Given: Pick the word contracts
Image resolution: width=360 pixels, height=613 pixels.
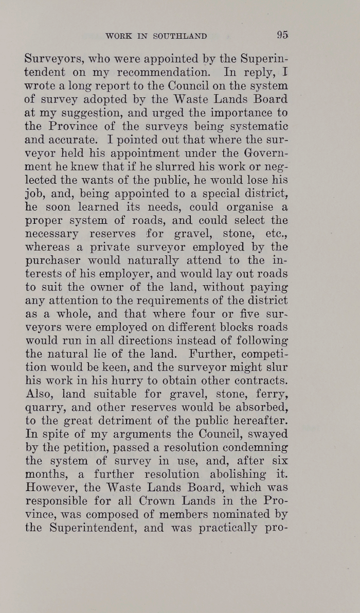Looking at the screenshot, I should tap(255, 382).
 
